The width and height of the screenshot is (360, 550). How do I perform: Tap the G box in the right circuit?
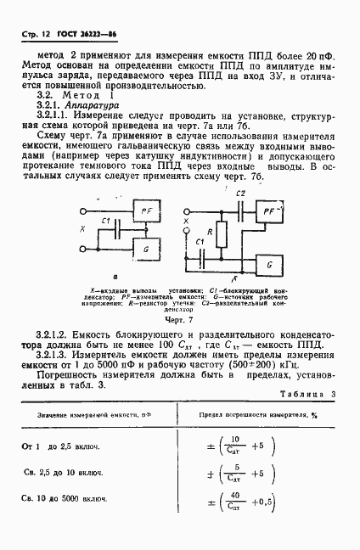click(269, 266)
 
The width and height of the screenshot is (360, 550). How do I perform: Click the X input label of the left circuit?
click(82, 228)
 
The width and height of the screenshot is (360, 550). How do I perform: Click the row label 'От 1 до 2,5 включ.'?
click(63, 446)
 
